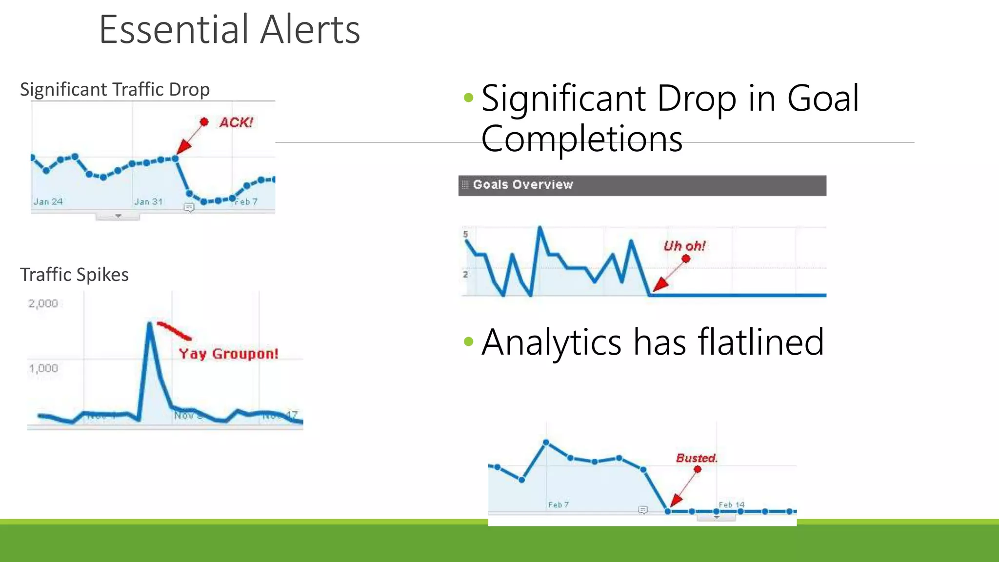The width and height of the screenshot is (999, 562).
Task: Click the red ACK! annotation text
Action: [236, 122]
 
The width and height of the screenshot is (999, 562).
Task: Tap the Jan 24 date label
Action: [48, 201]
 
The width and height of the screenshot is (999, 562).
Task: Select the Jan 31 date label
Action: [148, 201]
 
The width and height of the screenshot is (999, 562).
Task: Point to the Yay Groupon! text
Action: [228, 354]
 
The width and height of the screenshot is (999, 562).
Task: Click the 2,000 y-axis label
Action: [43, 303]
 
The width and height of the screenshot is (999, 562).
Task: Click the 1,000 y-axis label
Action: [43, 368]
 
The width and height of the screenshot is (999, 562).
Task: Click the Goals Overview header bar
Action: [642, 185]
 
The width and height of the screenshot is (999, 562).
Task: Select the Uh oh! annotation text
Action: [684, 246]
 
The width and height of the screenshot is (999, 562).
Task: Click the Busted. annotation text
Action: [697, 458]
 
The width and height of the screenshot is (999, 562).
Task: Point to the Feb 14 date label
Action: [731, 504]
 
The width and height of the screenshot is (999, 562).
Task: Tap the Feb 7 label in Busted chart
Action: [558, 504]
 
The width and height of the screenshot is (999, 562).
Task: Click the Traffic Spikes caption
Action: [74, 275]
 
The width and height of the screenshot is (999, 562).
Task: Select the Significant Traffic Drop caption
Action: [115, 90]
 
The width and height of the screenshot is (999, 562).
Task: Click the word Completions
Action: [581, 139]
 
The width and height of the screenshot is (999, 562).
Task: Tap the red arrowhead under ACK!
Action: [183, 146]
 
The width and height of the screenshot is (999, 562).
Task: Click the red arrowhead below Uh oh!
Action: [660, 285]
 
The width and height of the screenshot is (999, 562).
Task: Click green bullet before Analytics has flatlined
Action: [469, 341]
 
